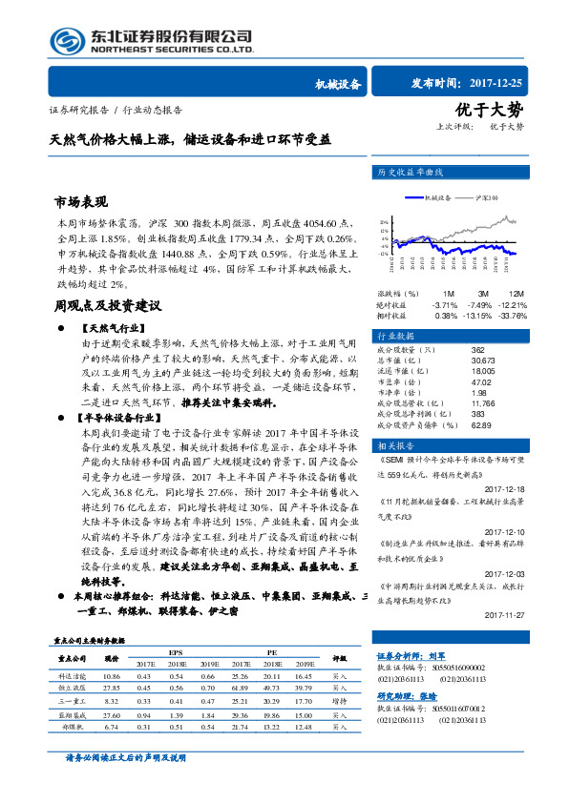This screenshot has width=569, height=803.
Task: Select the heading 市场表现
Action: (81, 202)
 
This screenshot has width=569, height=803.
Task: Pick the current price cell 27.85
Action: (112, 687)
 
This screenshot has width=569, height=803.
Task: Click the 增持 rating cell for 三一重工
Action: (339, 700)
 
